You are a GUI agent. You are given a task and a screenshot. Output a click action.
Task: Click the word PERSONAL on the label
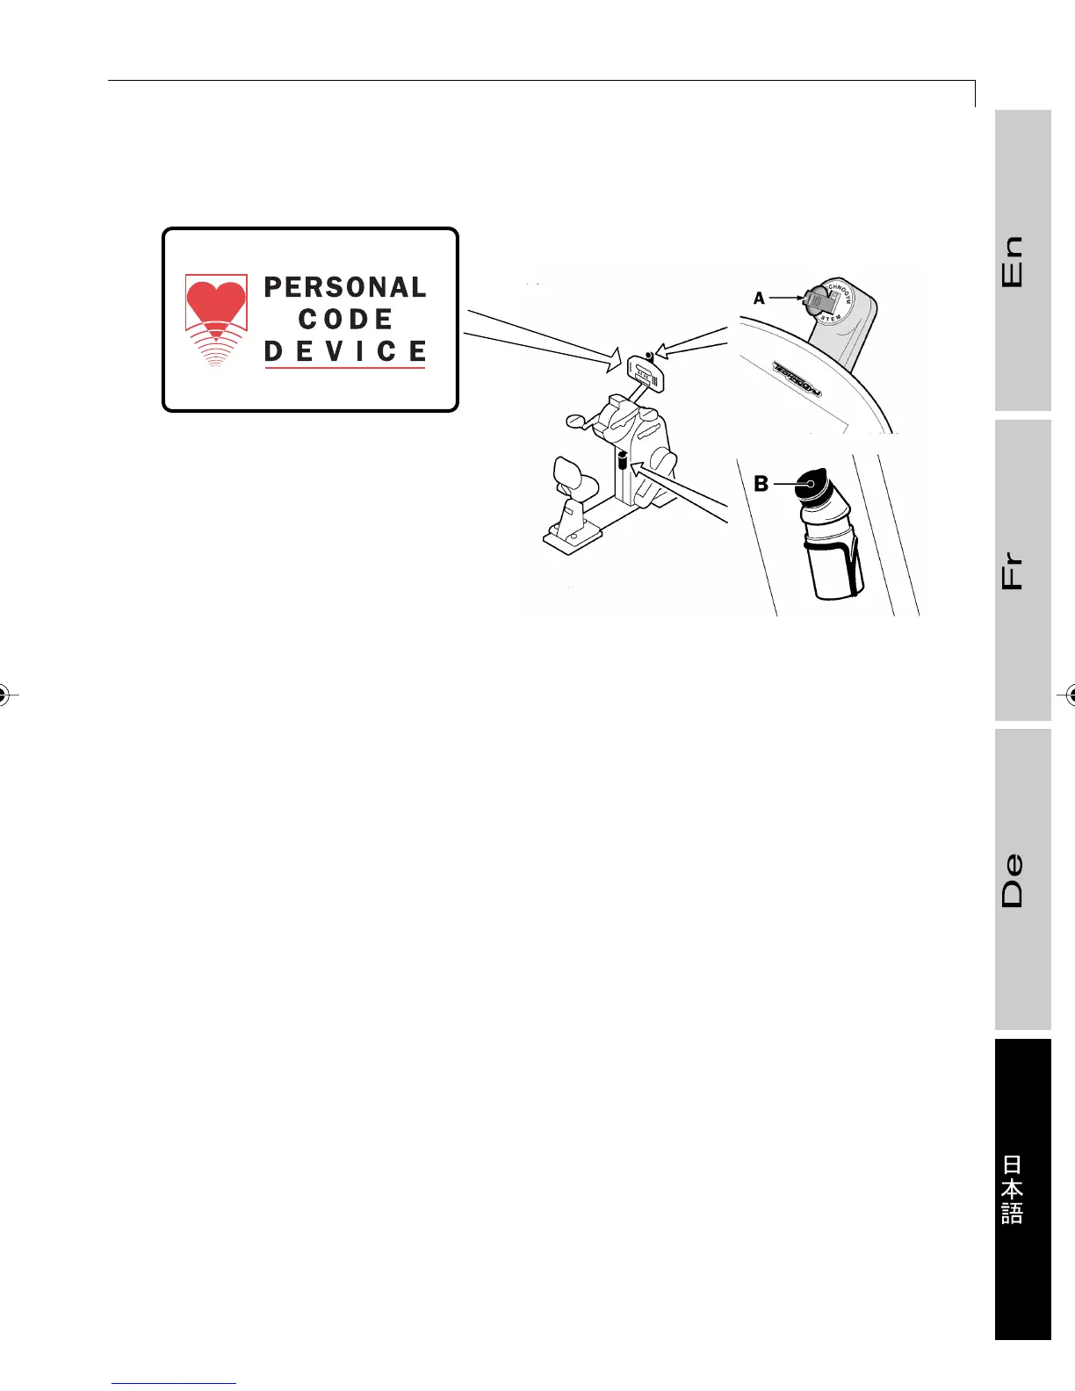345,287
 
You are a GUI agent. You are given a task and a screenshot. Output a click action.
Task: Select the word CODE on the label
345,319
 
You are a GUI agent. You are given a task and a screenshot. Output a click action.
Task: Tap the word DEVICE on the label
345,351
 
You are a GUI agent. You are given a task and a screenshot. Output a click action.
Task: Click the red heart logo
215,303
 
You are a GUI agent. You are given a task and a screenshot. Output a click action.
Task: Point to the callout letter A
760,299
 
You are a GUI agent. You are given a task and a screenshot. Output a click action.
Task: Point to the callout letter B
761,484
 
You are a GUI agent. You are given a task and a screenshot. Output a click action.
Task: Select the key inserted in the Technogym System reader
817,301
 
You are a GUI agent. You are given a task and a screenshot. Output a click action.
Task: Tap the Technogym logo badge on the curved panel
797,378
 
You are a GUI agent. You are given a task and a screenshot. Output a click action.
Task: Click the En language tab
1022,260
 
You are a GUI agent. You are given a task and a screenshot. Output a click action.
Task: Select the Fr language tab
1022,570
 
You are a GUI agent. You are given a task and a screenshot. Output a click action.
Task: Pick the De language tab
1022,879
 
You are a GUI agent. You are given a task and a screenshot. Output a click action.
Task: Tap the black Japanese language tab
1022,1189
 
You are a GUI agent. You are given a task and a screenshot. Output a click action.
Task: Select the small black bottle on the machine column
621,461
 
